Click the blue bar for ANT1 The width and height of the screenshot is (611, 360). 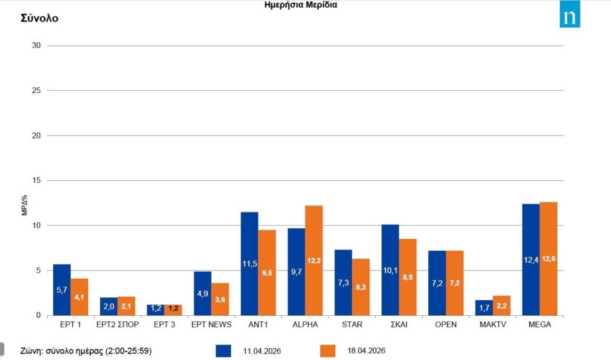[249, 263]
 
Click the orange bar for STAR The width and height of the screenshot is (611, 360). [361, 287]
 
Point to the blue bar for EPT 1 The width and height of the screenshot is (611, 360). [62, 290]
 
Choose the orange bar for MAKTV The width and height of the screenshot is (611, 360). [502, 305]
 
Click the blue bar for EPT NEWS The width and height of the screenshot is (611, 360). [203, 293]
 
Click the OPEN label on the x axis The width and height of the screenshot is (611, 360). [446, 325]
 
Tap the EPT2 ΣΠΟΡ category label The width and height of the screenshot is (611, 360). [118, 325]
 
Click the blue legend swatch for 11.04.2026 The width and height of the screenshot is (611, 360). [223, 350]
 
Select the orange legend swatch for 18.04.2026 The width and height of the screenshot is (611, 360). [328, 350]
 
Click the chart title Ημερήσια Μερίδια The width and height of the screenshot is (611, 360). [302, 5]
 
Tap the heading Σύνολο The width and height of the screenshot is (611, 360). [39, 18]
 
